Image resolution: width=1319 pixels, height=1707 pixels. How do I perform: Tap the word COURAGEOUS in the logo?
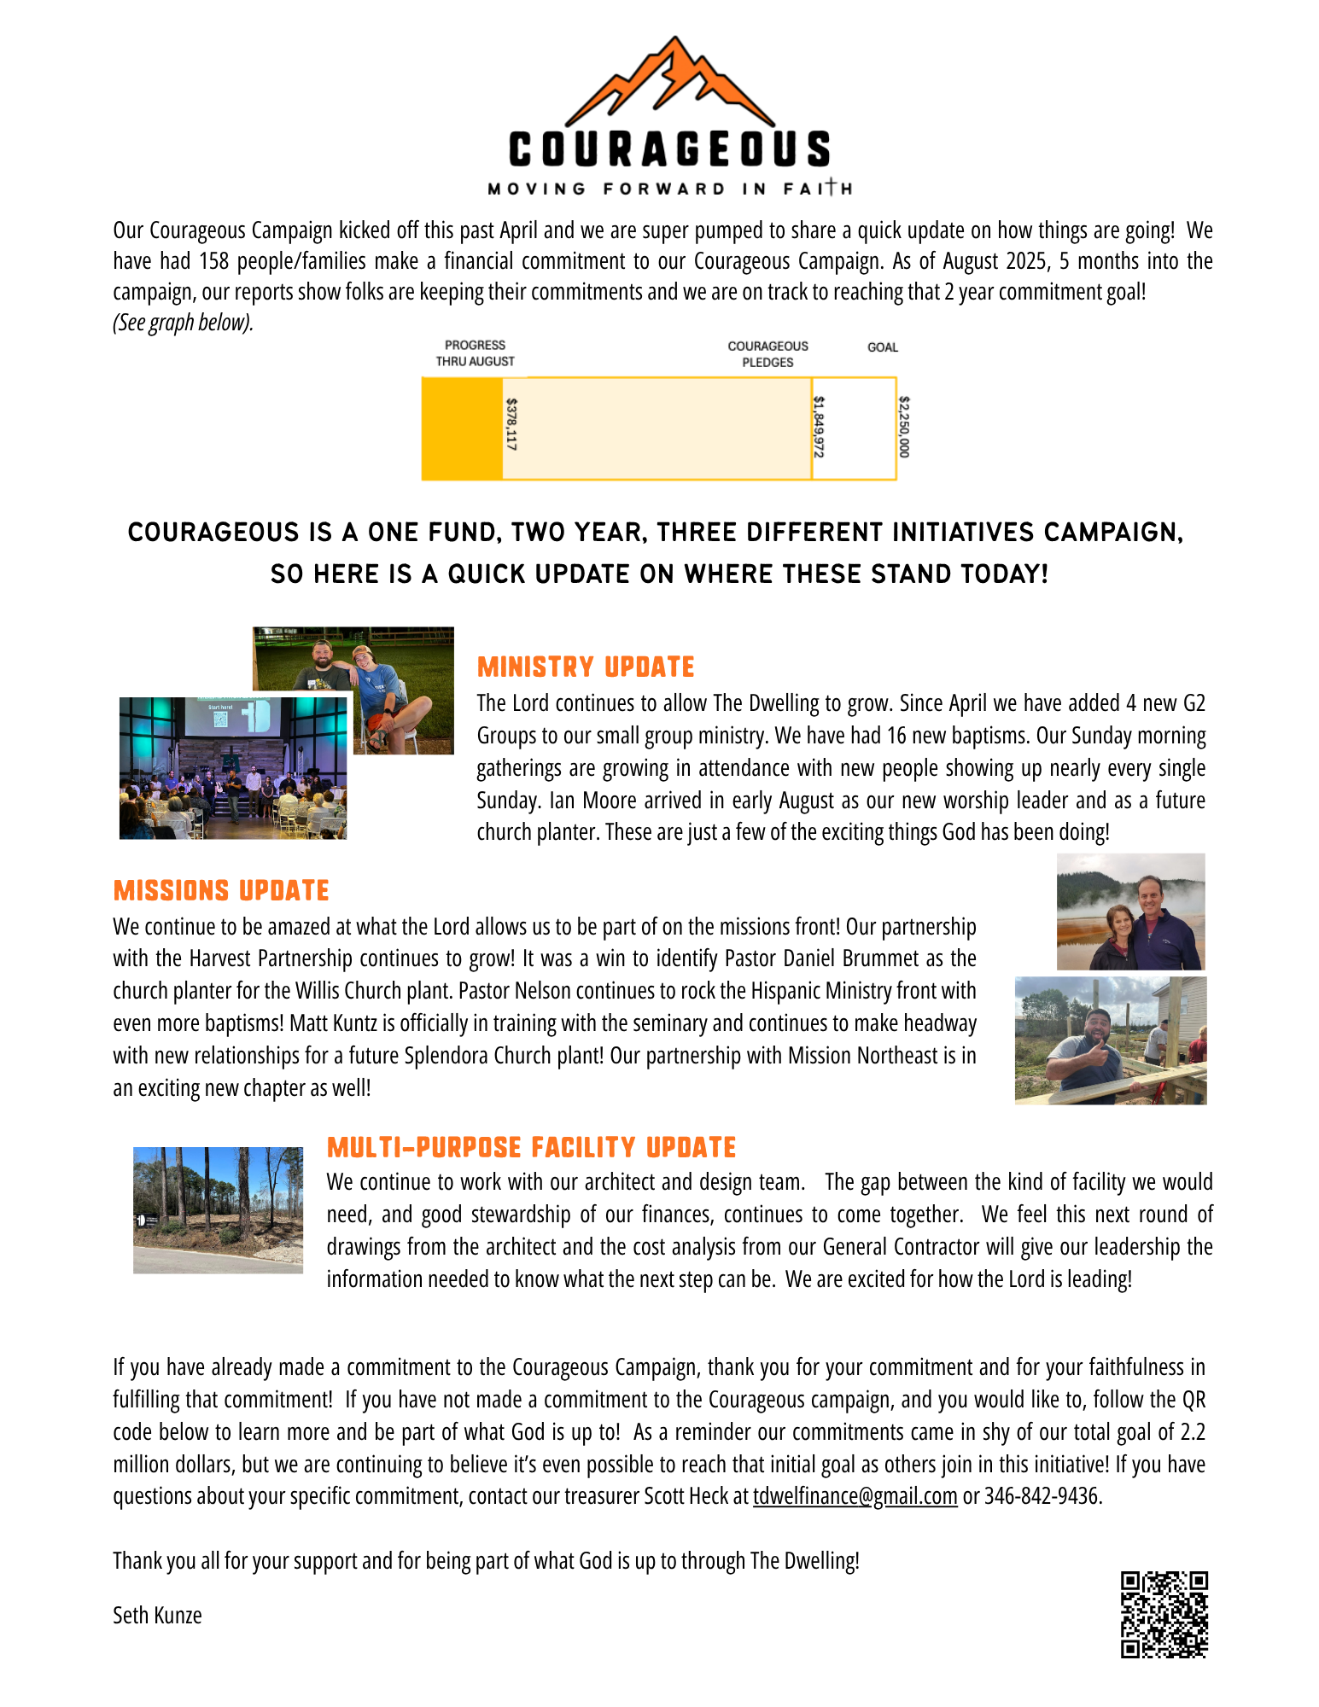tap(670, 149)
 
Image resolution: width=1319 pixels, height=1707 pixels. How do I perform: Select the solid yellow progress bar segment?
tap(462, 428)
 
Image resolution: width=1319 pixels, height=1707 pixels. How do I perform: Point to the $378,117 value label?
tap(511, 424)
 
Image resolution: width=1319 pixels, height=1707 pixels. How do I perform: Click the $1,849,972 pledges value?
tap(819, 427)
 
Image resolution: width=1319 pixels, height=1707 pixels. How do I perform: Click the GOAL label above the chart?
tap(883, 347)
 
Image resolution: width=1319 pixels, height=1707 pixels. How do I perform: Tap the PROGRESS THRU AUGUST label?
tap(475, 353)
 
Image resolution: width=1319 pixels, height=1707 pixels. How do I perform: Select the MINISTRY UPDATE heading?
tap(586, 667)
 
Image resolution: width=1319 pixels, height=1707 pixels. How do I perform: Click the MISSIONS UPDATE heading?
tap(221, 891)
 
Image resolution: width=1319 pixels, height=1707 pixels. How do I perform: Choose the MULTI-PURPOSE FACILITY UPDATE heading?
tap(531, 1148)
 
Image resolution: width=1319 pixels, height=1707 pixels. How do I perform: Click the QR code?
tap(1164, 1614)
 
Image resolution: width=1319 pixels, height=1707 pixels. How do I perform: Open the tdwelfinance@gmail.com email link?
tap(855, 1496)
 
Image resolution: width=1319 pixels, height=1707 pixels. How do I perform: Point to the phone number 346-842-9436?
tap(1042, 1496)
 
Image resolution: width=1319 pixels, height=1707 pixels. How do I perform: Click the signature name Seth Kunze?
tap(157, 1616)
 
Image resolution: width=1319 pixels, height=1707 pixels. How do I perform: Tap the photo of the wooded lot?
tap(218, 1209)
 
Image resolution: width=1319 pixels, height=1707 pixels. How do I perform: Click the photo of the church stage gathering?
tap(232, 768)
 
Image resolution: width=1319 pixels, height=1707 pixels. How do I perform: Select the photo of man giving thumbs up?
tap(1110, 1040)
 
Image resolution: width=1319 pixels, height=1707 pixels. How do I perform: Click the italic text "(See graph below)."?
tap(183, 323)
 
